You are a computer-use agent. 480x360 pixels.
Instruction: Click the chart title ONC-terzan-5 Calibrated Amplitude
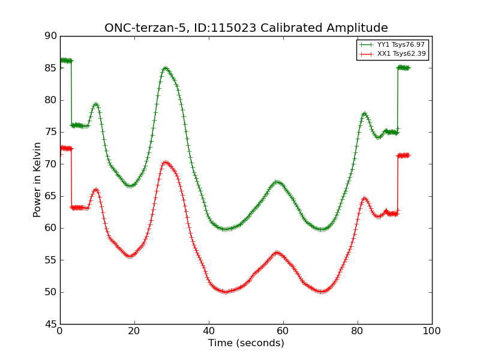246,28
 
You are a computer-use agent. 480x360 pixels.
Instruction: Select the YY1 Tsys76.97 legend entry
392,44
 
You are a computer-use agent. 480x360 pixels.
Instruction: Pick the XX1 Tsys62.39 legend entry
392,54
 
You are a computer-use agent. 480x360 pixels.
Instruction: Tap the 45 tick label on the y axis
51,324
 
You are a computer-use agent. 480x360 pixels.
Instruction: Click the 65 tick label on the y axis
51,196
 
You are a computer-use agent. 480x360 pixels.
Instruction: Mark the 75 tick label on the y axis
51,132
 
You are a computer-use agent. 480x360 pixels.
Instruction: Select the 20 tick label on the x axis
134,331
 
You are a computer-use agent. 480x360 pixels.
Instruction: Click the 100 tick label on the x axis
432,331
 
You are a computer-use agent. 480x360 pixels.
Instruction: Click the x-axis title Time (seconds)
246,343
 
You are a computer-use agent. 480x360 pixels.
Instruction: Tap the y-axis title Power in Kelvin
37,180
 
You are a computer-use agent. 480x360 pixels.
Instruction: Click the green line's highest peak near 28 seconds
166,68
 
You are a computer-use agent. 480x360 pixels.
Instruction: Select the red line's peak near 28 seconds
166,163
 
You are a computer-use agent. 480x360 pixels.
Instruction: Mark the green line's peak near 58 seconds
277,182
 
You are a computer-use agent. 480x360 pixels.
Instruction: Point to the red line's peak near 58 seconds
277,253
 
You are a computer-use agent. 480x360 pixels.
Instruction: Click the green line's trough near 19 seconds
131,185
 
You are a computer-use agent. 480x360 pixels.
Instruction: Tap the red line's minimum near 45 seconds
226,292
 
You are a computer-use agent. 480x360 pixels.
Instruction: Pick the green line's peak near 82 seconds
364,114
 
